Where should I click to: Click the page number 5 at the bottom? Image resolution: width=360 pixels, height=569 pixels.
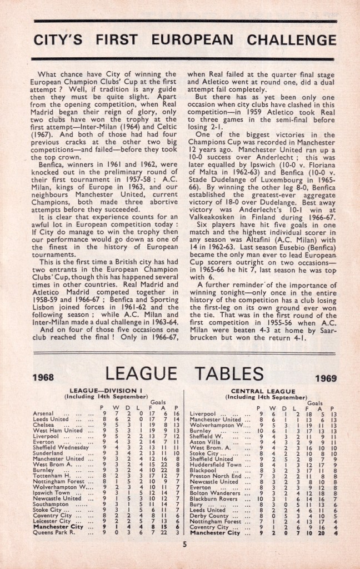coord(184,545)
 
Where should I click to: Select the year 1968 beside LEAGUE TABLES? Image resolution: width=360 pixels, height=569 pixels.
coord(43,377)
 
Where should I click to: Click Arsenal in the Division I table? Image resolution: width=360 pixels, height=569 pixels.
coord(44,413)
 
